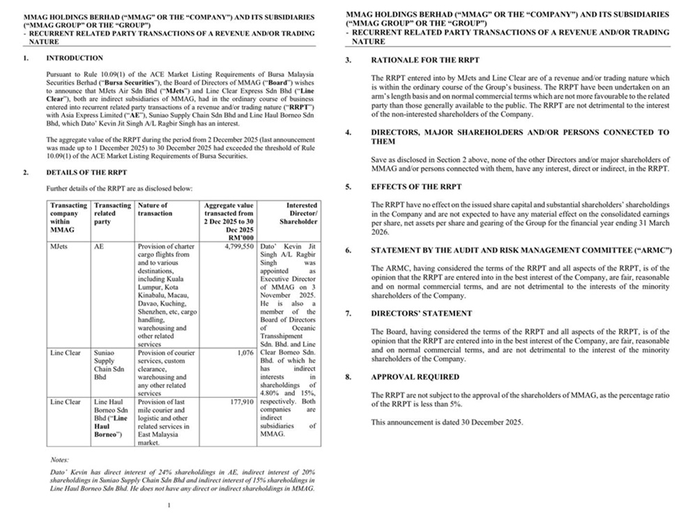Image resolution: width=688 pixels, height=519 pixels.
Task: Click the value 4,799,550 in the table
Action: [238, 246]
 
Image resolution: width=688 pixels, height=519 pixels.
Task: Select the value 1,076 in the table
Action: [244, 353]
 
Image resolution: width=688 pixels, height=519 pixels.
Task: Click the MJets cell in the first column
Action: [58, 246]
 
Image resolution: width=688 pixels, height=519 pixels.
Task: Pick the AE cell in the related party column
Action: [98, 246]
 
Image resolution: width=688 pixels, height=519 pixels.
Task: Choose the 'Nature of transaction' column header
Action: [153, 209]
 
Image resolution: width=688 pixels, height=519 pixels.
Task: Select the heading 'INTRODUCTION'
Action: [75, 59]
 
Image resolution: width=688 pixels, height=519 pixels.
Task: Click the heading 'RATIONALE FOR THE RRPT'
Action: [425, 61]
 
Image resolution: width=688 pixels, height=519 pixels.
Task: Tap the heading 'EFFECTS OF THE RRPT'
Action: [417, 187]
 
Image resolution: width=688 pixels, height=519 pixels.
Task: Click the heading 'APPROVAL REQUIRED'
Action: [415, 377]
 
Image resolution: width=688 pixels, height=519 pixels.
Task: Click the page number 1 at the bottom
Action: [169, 506]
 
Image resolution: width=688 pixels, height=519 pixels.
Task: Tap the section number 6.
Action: [348, 250]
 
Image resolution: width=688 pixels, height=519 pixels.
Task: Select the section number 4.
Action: [348, 132]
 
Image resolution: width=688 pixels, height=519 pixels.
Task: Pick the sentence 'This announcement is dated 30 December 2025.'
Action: [446, 422]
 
